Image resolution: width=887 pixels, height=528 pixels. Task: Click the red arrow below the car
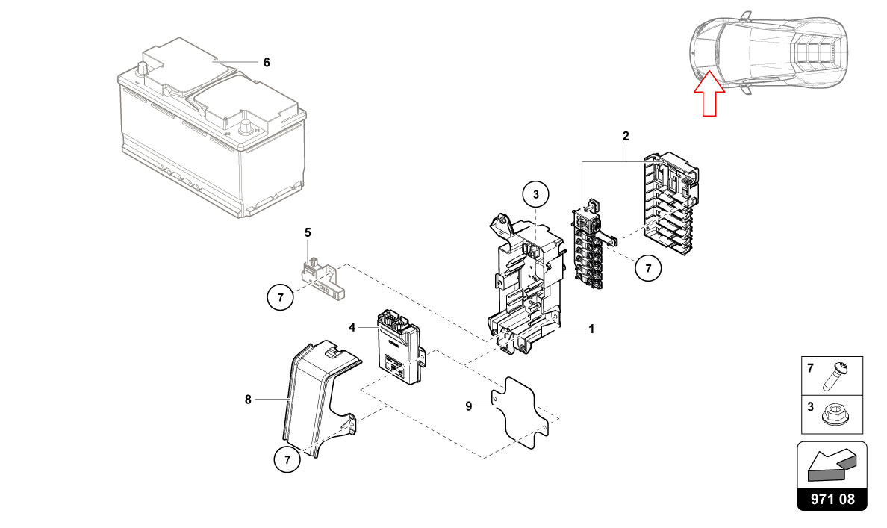click(709, 97)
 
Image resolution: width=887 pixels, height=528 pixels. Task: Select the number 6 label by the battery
click(267, 63)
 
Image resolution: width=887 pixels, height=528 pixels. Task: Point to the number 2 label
click(626, 137)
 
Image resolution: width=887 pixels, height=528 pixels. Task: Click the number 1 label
click(591, 329)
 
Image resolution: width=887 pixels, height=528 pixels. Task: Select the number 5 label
click(307, 233)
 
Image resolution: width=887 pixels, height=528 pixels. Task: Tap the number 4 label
click(352, 327)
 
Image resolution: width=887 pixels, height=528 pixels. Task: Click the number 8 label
click(248, 400)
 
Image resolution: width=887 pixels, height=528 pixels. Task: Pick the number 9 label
click(469, 406)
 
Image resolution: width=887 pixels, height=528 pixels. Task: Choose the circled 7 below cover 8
click(287, 460)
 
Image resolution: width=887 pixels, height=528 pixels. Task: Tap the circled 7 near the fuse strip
click(648, 267)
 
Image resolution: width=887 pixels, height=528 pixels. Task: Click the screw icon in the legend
click(834, 377)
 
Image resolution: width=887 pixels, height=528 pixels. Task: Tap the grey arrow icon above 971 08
click(833, 466)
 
